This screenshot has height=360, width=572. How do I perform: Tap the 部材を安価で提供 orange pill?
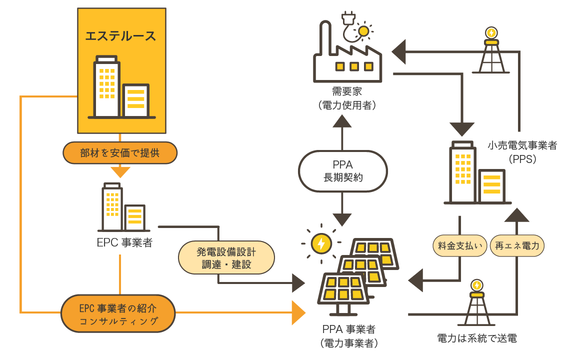tap(120, 153)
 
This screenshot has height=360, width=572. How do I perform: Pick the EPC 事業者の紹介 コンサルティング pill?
tap(119, 313)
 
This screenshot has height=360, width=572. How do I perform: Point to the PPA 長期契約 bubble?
tap(342, 170)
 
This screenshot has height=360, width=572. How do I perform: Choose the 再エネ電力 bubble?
tap(517, 245)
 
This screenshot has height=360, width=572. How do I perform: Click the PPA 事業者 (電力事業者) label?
tap(348, 336)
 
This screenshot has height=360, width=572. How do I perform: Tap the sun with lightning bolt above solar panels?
tap(320, 243)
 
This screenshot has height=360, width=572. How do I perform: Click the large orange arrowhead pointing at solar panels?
tap(298, 313)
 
